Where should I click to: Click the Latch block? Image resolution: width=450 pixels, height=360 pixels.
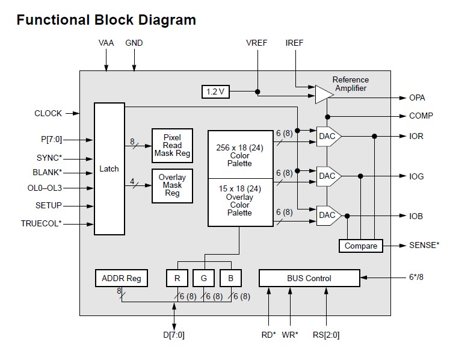pos(109,169)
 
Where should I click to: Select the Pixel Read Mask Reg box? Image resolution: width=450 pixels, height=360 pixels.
pos(171,145)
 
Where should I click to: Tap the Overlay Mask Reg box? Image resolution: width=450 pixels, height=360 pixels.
pos(171,185)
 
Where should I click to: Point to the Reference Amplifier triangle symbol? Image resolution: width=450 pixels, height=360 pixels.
pos(324,93)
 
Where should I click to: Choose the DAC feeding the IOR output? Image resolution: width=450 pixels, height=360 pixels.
pos(328,137)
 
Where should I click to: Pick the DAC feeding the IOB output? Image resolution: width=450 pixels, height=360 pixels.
pos(328,216)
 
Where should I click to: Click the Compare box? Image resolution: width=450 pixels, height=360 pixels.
pos(361,246)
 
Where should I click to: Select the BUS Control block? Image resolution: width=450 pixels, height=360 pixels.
pos(310,278)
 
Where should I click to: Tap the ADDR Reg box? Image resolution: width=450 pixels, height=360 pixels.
pos(122,278)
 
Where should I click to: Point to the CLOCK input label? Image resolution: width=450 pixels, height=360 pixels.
pos(48,113)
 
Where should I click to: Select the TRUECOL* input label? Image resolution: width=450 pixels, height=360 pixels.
pos(41,224)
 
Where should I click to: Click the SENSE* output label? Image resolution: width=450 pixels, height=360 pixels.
pos(424,245)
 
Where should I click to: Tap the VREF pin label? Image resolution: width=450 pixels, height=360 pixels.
pos(257,43)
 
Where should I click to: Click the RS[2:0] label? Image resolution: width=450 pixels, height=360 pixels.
pos(327,335)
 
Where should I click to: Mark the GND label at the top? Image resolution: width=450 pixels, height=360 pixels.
pos(134,43)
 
